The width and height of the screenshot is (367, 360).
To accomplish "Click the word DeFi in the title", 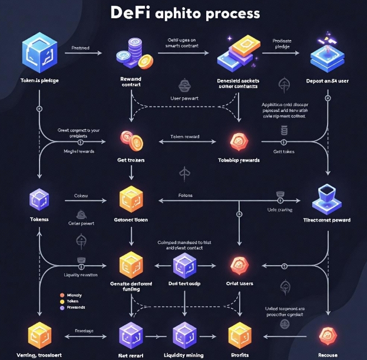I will coord(134,12).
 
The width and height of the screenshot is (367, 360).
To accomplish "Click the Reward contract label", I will coord(131,81).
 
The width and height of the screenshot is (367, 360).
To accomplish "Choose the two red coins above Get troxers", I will coord(131,140).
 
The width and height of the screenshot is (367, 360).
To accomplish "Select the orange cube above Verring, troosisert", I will coord(39,335).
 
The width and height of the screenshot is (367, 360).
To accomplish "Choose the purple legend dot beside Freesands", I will coord(62,307).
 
